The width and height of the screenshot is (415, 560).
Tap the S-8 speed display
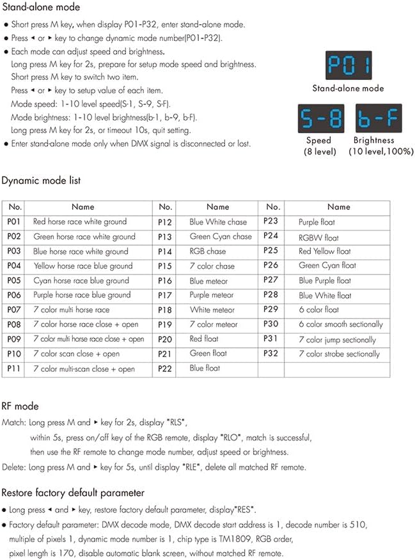point(318,118)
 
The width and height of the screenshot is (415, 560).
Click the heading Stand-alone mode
point(41,8)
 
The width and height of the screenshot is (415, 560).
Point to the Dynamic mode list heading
point(41,181)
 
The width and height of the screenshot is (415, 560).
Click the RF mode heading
point(20,406)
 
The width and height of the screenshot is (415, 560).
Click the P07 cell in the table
point(15,310)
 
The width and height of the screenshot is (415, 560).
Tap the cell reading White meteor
point(212,310)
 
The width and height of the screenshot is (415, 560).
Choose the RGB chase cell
point(208,252)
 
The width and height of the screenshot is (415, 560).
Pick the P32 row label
point(271,353)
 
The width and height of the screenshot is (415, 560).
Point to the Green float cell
point(208,353)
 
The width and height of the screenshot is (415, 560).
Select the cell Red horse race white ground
point(80,222)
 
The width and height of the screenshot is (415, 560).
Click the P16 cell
point(165,281)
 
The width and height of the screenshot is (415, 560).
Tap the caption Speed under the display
point(318,140)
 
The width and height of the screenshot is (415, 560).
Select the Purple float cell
point(317,222)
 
